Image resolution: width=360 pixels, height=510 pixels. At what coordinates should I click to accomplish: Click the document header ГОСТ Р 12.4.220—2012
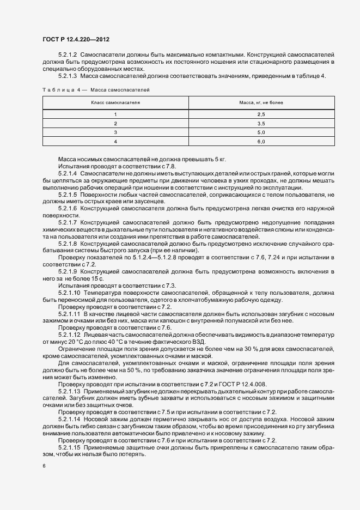coord(79,39)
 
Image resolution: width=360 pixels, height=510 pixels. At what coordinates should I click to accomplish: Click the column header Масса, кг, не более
coord(261,102)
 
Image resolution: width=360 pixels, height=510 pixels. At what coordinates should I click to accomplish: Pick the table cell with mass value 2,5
coord(261,114)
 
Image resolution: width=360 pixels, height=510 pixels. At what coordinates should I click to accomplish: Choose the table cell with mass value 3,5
coord(261,124)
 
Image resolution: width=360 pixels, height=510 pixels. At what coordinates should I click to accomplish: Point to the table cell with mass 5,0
coord(261,132)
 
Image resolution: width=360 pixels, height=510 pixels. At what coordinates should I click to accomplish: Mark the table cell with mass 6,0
coord(261,142)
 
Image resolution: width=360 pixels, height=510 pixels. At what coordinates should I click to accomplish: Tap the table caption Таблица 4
coord(60,89)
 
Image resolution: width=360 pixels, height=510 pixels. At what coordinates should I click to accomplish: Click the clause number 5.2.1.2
coord(68,55)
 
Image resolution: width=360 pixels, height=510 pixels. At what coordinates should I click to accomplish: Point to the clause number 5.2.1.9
coord(68,271)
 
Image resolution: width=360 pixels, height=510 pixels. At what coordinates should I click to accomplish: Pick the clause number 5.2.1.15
coord(69,447)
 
